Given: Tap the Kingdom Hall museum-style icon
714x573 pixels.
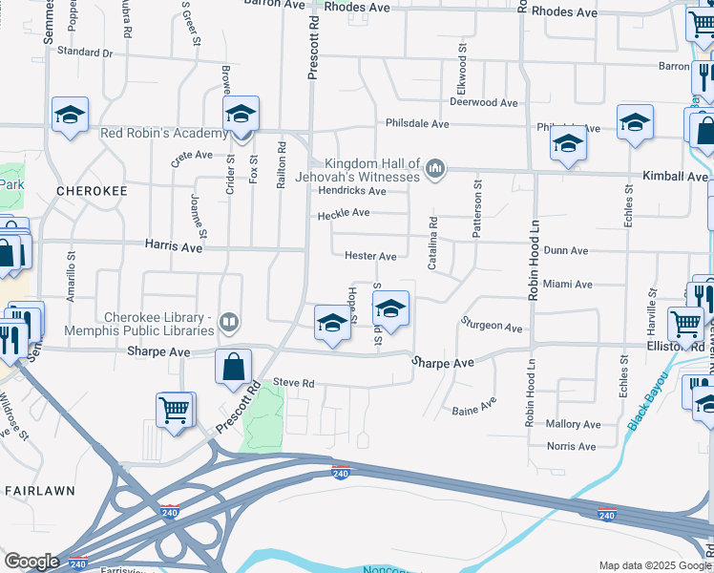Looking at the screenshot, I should [436, 169].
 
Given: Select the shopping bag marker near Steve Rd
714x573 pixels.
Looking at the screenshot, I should [233, 367].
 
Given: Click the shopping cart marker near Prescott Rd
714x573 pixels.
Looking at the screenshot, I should [175, 410].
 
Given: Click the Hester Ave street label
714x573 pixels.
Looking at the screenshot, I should [370, 256].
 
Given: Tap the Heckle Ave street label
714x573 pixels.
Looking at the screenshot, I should [344, 213].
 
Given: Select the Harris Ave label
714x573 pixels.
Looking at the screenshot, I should [174, 246].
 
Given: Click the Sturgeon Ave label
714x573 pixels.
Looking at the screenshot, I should [492, 326].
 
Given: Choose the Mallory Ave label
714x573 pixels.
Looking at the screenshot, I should [573, 424].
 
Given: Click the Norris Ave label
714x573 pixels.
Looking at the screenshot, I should [571, 446].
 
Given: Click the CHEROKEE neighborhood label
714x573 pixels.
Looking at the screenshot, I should [92, 191].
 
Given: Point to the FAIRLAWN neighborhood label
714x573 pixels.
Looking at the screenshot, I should [34, 490].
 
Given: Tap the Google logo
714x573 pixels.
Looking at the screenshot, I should [31, 562].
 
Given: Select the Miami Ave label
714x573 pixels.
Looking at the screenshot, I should [567, 285].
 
